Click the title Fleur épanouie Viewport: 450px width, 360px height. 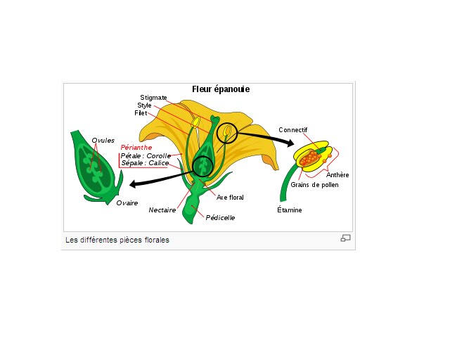click(221, 89)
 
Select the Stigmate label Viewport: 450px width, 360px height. click(153, 98)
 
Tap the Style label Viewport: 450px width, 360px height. click(144, 105)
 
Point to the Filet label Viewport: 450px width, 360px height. click(141, 113)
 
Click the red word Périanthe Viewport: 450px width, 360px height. click(136, 148)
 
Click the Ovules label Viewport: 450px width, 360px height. click(103, 141)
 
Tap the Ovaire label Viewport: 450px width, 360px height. click(127, 202)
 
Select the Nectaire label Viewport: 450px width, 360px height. click(162, 210)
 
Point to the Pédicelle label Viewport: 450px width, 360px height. click(220, 218)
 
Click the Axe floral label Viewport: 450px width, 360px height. click(230, 198)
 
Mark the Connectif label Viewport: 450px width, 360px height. click(292, 130)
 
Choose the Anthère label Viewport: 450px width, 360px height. click(337, 175)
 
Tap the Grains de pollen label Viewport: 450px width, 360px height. click(314, 185)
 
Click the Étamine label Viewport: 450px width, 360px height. click(289, 210)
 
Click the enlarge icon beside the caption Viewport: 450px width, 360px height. click(345, 238)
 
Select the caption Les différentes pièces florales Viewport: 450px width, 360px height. click(117, 240)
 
